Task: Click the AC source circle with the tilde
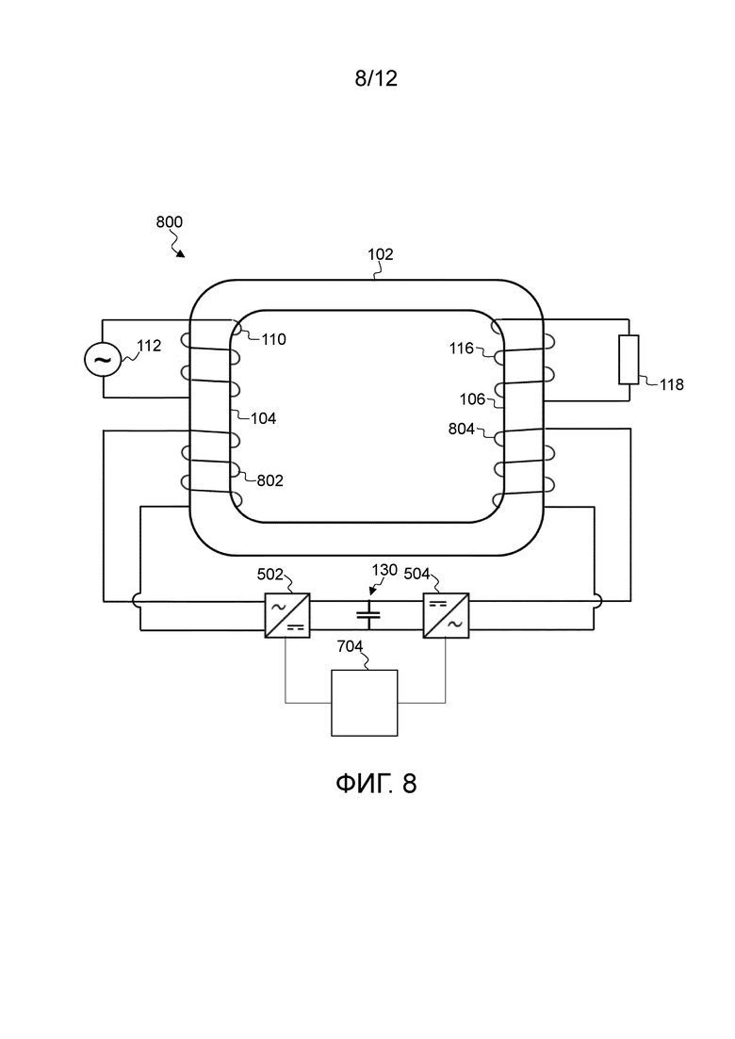point(103,360)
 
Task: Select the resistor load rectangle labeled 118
point(629,360)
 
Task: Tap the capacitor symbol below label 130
point(368,615)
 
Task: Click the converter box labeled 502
point(287,615)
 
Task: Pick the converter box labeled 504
point(446,615)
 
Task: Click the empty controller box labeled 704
point(365,703)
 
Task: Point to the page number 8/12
point(376,78)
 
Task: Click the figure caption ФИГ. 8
point(376,783)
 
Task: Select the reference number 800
point(169,222)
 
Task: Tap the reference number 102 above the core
point(381,254)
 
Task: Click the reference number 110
point(273,339)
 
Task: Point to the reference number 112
point(149,346)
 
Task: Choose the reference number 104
point(263,418)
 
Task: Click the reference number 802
point(269,480)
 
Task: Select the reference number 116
point(462,348)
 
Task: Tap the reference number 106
point(472,398)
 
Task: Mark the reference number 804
point(462,430)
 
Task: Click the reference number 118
point(671,384)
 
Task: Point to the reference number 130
point(384,570)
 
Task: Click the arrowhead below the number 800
point(181,253)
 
